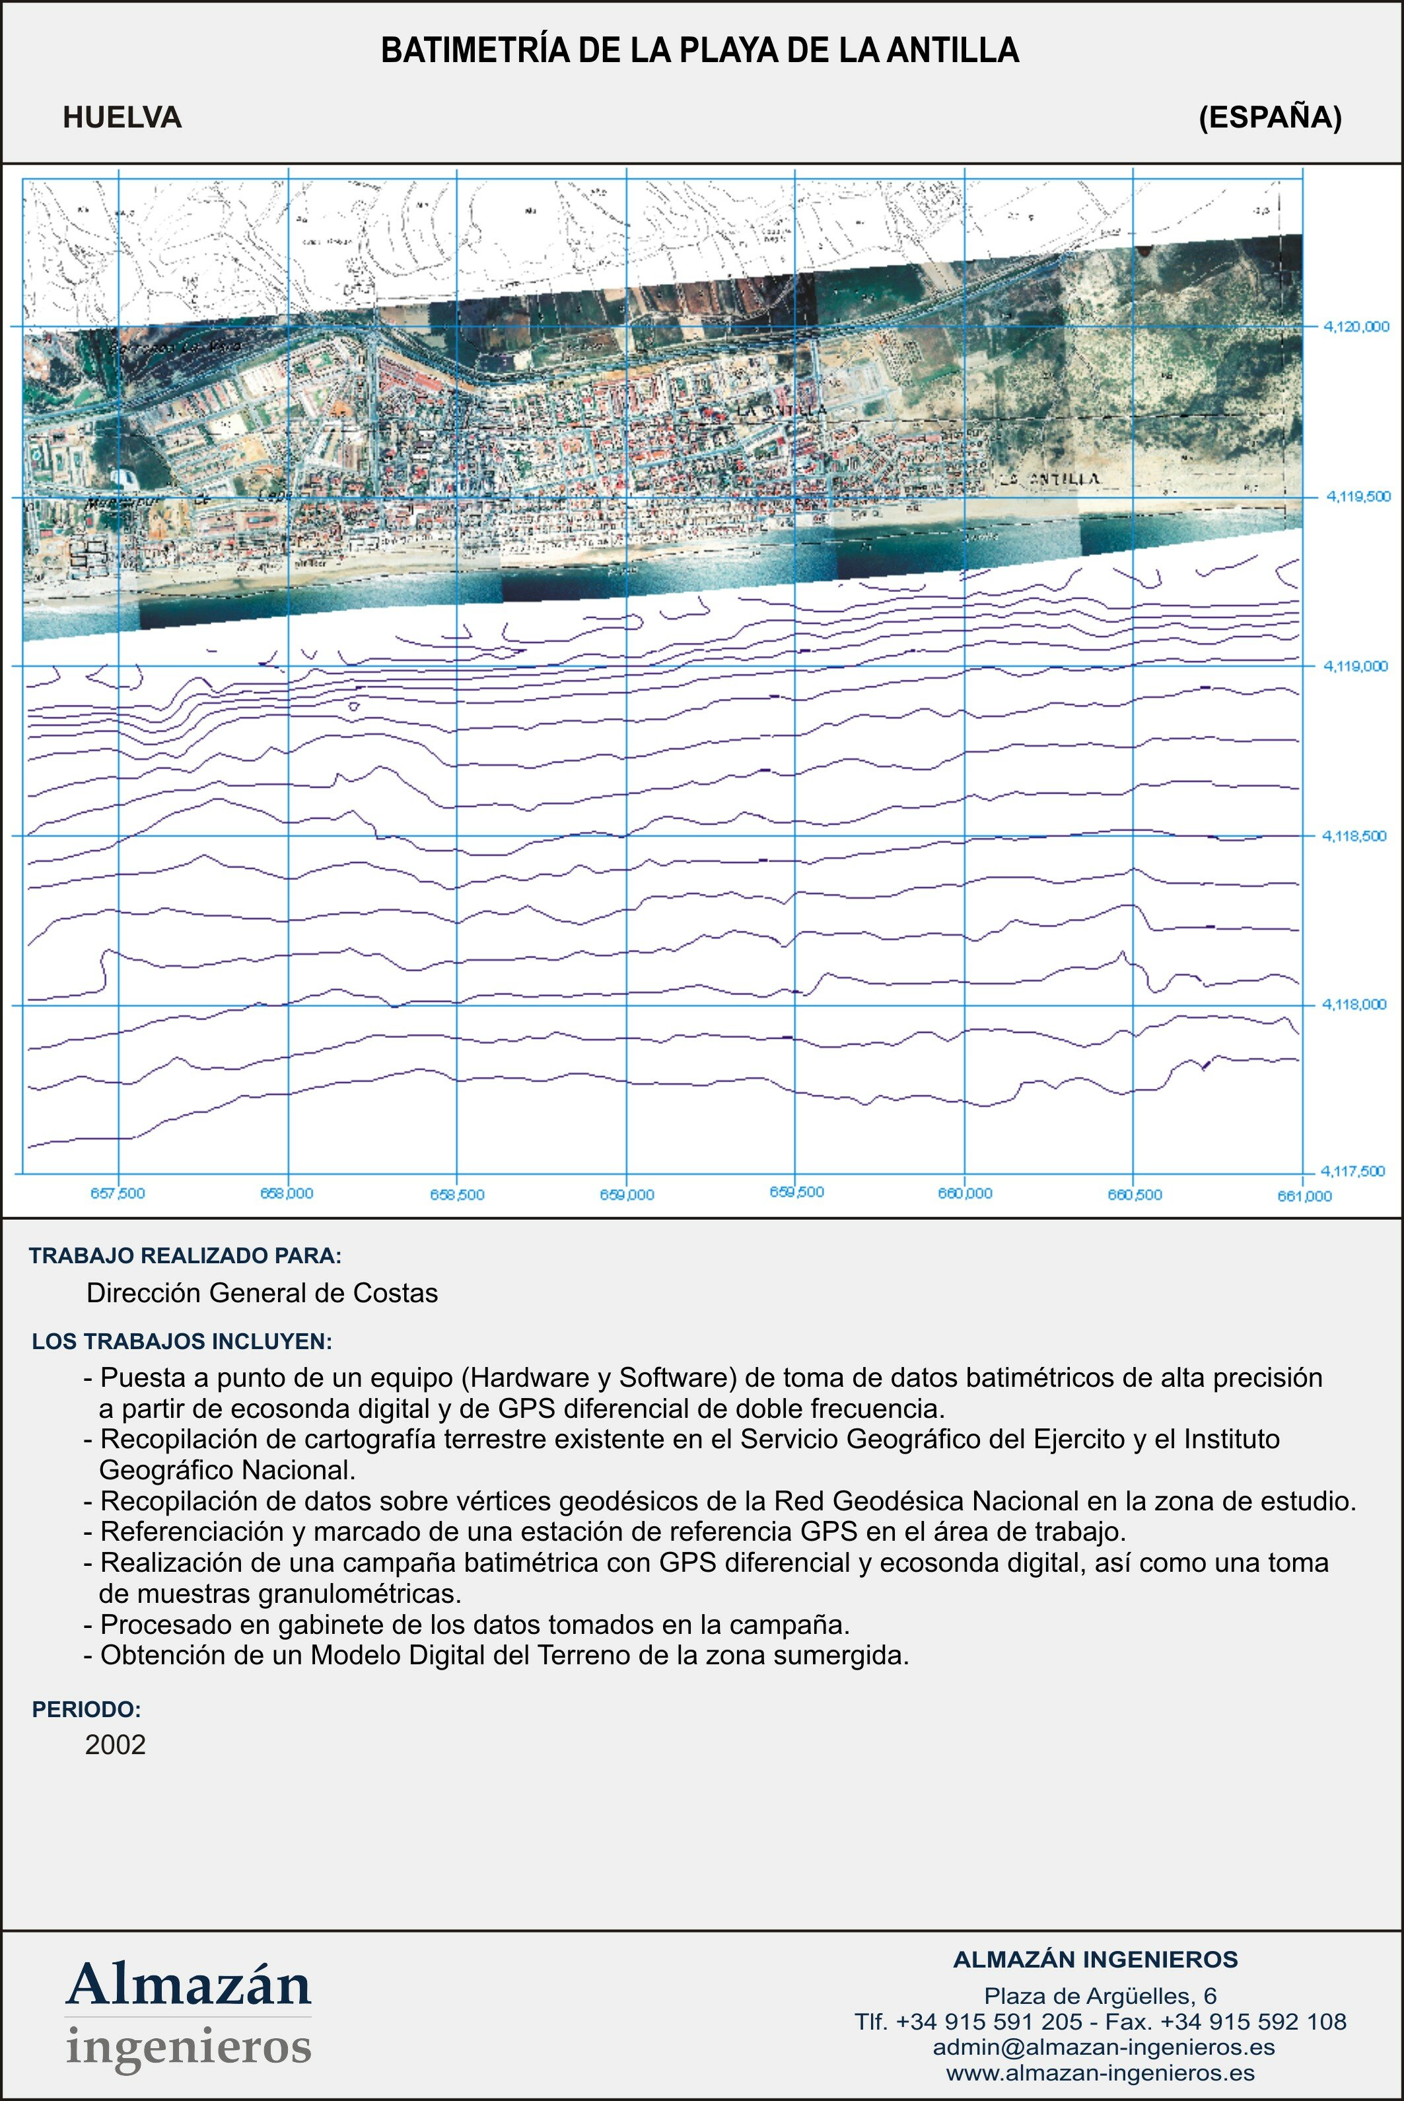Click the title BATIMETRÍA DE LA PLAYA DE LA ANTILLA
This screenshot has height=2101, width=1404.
699,51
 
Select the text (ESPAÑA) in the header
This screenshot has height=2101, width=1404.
1270,118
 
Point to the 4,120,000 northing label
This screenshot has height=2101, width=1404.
1356,327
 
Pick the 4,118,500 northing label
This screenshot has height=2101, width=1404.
1354,836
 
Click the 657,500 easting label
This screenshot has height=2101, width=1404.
118,1194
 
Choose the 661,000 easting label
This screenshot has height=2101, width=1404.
1304,1197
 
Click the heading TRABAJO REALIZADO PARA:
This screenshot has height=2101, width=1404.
186,1255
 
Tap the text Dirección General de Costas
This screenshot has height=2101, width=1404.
262,1293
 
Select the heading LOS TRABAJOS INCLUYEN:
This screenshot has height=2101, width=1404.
182,1342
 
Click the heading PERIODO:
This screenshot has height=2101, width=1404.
87,1709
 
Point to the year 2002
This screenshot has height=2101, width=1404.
116,1745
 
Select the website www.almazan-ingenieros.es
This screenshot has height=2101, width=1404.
1100,2073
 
